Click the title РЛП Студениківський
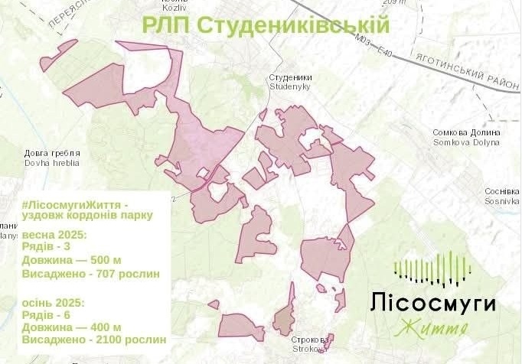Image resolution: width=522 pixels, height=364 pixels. click(266, 24)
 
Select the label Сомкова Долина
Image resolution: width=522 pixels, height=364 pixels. click(466, 132)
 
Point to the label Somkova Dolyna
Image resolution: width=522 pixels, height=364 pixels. click(466, 142)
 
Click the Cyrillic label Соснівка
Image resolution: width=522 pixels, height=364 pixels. click(502, 191)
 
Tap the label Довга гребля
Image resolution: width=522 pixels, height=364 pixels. click(52, 153)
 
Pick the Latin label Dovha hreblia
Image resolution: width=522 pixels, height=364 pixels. click(52, 163)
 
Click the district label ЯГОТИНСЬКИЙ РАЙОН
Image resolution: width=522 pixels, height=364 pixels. click(464, 70)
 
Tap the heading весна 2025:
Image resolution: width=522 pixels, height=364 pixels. click(54, 233)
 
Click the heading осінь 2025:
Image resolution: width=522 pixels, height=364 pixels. click(54, 301)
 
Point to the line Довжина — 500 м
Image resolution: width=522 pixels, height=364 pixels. click(71, 260)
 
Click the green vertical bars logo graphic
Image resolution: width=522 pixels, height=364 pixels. click(432, 269)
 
